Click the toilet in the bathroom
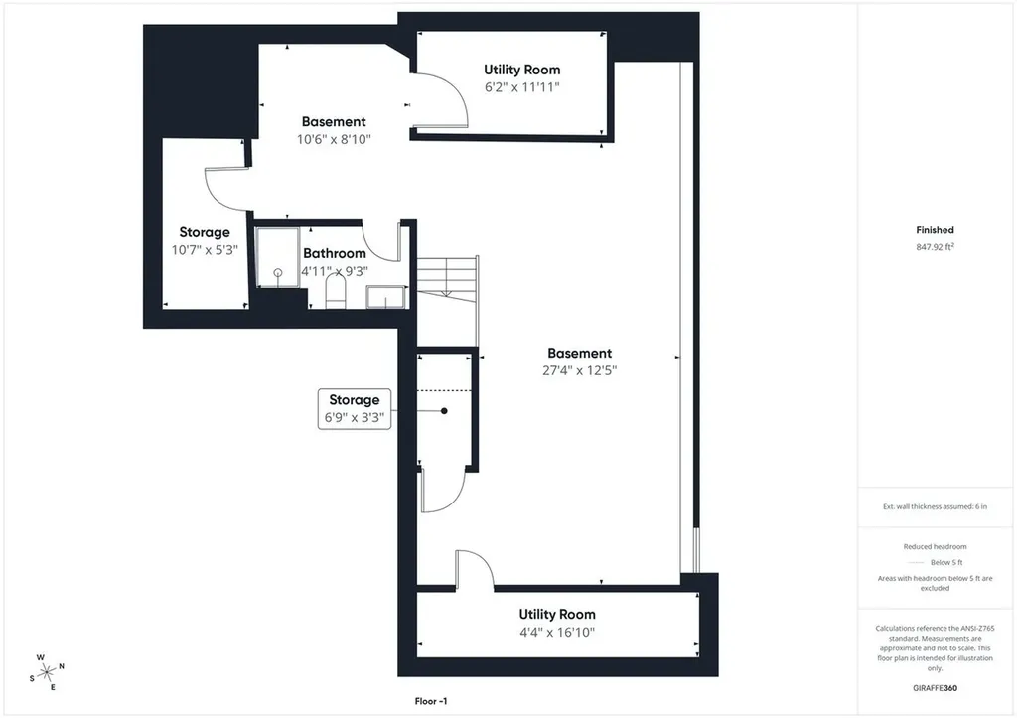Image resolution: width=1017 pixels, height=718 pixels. point(336,291)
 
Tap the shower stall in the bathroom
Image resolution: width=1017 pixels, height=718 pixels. point(278,257)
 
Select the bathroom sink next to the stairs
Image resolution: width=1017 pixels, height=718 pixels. point(386,298)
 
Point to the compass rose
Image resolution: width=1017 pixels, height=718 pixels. point(47,673)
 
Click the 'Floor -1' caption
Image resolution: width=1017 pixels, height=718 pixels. point(431,701)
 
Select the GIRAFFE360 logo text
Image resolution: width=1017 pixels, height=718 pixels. point(935,688)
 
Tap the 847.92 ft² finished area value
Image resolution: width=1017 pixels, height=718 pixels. point(935,247)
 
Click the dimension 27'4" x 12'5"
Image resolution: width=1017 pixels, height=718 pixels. point(580,370)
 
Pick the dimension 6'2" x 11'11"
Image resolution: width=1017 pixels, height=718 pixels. point(522,87)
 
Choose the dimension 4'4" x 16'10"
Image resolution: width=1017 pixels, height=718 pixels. point(557,632)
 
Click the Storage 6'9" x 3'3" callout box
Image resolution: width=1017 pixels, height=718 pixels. point(355,408)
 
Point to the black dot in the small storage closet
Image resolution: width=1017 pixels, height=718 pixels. point(444,410)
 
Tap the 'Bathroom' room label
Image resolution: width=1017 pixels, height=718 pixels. point(335,253)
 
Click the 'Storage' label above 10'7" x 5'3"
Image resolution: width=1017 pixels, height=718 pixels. point(205,232)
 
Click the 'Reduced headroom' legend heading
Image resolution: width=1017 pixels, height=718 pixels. point(935,547)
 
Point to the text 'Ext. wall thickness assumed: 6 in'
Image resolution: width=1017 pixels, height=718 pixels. point(935,506)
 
